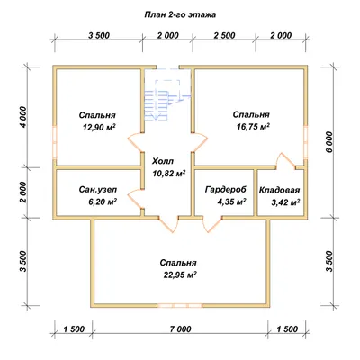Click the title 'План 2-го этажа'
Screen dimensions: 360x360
click(x=180, y=14)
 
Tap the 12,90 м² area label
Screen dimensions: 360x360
click(x=99, y=128)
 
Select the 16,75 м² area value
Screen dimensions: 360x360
click(x=253, y=127)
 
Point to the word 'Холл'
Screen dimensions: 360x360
click(x=163, y=161)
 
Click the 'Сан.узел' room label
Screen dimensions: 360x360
click(x=98, y=190)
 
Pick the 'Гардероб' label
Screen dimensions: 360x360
click(x=226, y=189)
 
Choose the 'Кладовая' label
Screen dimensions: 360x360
click(x=279, y=190)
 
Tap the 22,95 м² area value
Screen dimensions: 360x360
click(x=180, y=274)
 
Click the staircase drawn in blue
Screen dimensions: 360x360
click(x=167, y=95)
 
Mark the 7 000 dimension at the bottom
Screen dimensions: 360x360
click(x=180, y=329)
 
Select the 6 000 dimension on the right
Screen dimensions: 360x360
click(x=329, y=142)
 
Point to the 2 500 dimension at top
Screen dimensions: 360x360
click(x=224, y=35)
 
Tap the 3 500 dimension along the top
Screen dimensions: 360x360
click(x=99, y=35)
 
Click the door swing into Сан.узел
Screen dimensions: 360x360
click(x=136, y=199)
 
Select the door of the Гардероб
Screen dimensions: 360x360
click(x=212, y=224)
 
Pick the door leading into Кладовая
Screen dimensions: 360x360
click(x=285, y=160)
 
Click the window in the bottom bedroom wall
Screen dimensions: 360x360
click(x=180, y=306)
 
